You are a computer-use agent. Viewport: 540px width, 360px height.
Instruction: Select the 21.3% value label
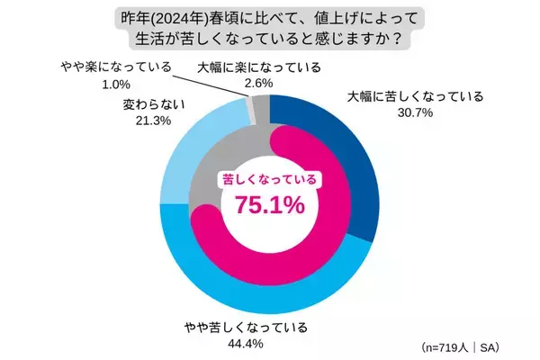pos(141,122)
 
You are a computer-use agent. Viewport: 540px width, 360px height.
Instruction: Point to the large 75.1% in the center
pos(269,204)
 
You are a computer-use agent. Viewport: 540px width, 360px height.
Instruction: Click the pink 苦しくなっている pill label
pos(269,179)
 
